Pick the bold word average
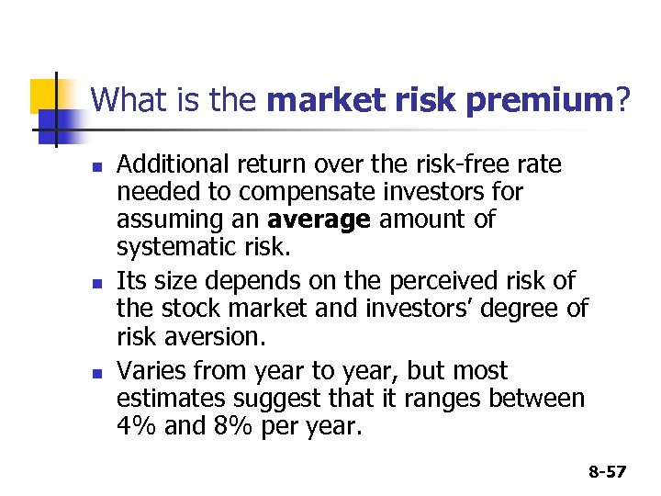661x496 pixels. pos(319,220)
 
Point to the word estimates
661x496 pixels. pos(174,400)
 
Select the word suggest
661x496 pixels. pos(281,400)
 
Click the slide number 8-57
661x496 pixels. pos(606,471)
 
